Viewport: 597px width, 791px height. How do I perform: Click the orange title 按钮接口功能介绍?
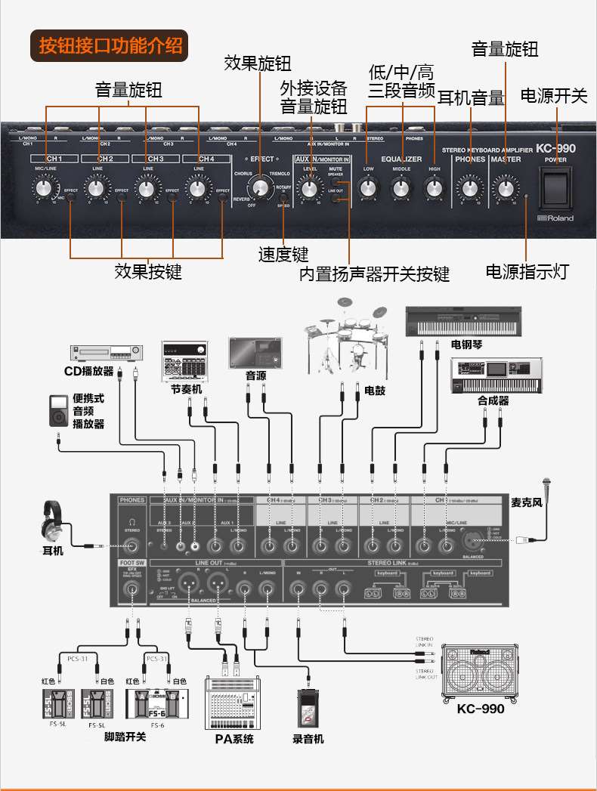[x=111, y=45]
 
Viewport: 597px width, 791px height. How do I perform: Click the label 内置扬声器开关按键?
[x=374, y=273]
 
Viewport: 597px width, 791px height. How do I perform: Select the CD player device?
[x=107, y=352]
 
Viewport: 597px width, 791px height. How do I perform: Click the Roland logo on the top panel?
[x=555, y=218]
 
